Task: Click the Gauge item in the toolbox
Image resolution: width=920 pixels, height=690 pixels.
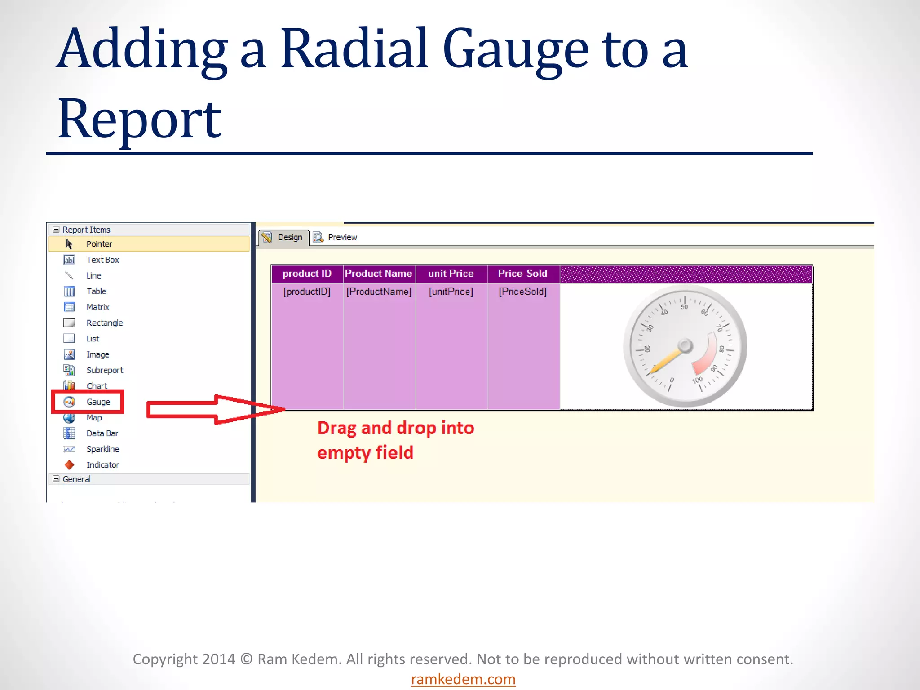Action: (98, 402)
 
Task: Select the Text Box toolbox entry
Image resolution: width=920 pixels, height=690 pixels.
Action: (102, 260)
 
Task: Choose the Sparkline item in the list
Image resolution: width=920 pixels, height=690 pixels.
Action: (102, 449)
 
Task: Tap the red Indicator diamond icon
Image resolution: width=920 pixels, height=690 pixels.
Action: (69, 464)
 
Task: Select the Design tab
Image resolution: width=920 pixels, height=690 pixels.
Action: (289, 237)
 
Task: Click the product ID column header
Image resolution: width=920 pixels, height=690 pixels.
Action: (307, 274)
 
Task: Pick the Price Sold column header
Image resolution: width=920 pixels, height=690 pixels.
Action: (522, 274)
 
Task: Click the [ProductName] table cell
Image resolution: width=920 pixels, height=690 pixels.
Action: (379, 292)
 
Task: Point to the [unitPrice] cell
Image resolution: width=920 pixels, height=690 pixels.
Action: (451, 292)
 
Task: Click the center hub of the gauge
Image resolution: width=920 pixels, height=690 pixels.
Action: (685, 345)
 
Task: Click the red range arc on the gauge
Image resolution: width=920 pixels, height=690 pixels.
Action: (708, 355)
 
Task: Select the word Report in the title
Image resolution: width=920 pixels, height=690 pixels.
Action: (139, 119)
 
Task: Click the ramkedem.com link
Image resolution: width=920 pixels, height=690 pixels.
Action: (463, 679)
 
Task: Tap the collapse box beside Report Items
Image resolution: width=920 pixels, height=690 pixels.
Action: (56, 229)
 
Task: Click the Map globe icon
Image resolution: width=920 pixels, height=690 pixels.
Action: (69, 418)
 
